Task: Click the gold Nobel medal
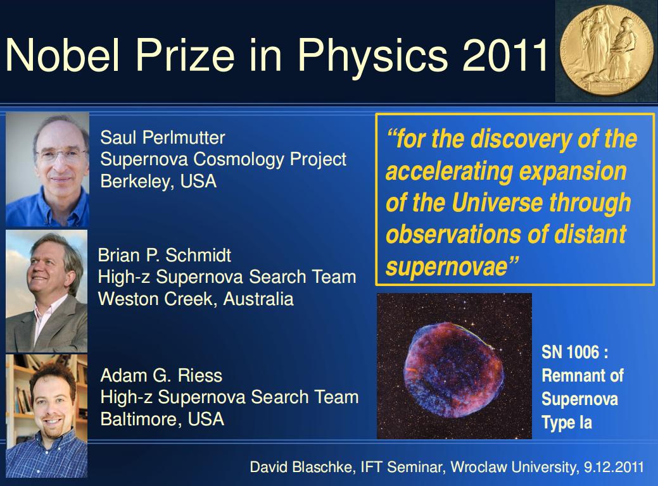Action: [606, 51]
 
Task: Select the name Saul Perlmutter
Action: [163, 137]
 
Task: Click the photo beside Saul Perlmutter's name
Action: [47, 170]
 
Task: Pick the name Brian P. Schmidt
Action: [165, 255]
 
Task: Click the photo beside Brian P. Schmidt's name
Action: [47, 291]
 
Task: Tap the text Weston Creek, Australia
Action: [196, 299]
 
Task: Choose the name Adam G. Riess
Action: [161, 375]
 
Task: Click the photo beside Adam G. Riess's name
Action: [47, 416]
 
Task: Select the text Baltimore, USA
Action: [162, 420]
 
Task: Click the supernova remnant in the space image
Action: [453, 371]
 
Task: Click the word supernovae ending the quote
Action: [447, 266]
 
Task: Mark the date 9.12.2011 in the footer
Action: [614, 467]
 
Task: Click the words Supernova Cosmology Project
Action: [224, 159]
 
